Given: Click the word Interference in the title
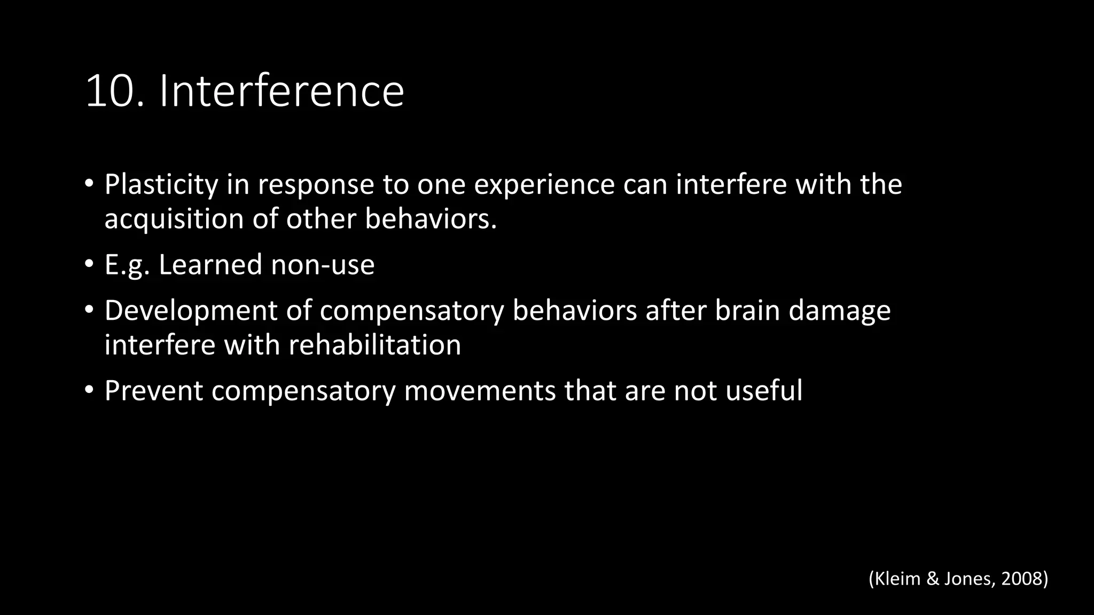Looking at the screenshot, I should coord(282,91).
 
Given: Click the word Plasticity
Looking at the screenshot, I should coord(161,185).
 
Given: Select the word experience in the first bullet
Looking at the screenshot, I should coord(544,185).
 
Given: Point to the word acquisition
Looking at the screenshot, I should coord(174,219).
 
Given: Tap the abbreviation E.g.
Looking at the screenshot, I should coord(127,265).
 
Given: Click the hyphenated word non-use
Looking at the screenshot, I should coord(323,265).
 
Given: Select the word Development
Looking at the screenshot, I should coord(191,311).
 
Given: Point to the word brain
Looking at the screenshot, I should coord(747,311).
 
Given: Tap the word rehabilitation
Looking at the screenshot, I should coord(375,345).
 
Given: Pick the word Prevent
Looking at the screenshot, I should coord(154,391).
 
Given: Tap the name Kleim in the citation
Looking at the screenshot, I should coord(897,579).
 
